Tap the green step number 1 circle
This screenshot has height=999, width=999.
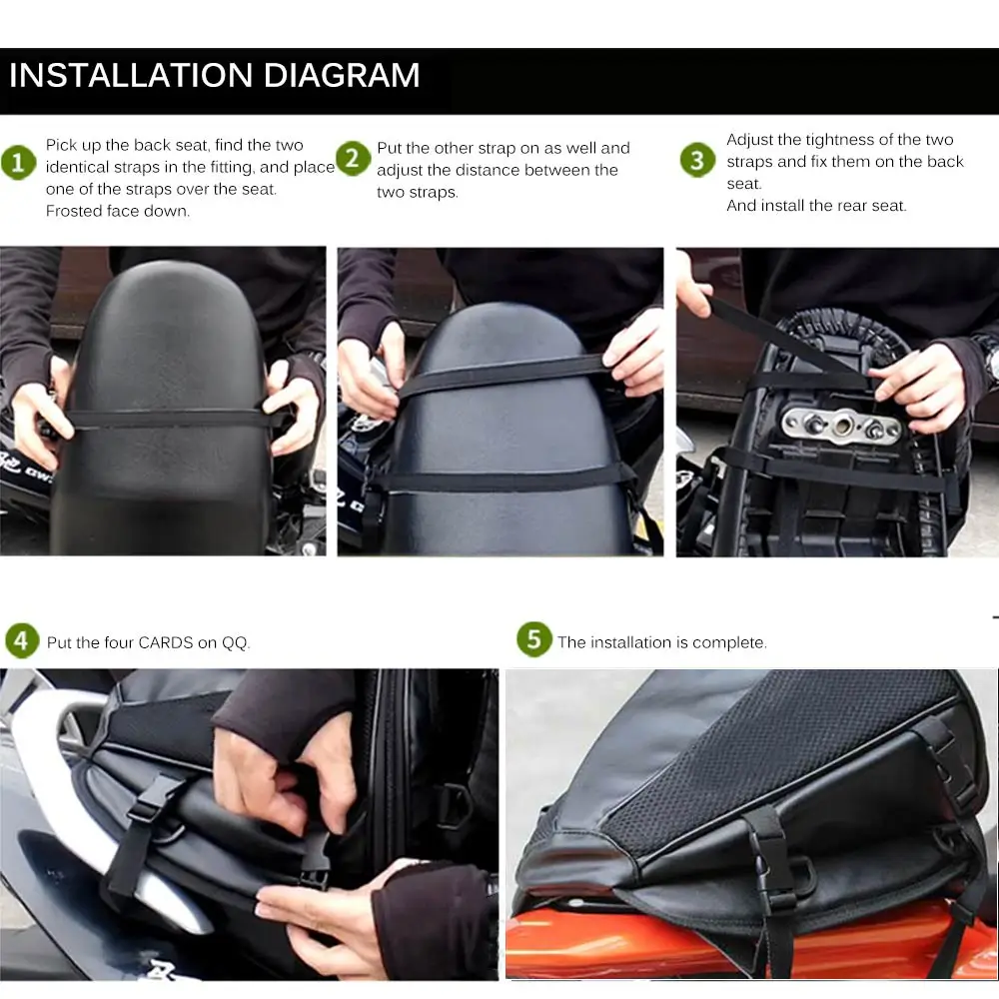(x=18, y=162)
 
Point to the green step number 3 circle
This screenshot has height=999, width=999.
(x=697, y=160)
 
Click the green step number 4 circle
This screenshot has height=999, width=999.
(x=22, y=640)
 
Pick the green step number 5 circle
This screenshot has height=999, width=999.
(x=533, y=640)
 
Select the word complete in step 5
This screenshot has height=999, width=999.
(x=732, y=642)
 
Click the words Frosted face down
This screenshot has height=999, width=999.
(x=117, y=211)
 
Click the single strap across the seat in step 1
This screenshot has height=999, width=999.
(x=165, y=419)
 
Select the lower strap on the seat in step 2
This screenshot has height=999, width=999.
(x=499, y=478)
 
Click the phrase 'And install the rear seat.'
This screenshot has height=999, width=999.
(x=816, y=206)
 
